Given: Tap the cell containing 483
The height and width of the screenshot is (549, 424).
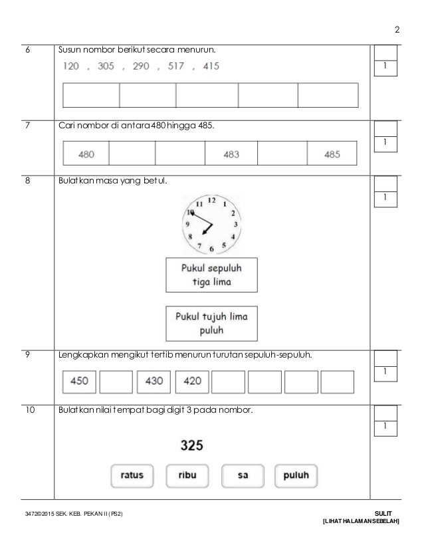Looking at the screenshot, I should [231, 154].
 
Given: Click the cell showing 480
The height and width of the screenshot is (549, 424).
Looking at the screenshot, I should [86, 154].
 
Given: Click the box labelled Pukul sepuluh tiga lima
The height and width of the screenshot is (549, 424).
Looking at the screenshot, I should [211, 274].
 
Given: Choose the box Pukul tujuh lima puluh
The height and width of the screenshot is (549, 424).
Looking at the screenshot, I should [211, 323].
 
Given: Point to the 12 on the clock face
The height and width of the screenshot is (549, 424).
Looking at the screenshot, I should [211, 200].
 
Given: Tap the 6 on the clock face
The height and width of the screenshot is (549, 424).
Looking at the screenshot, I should [211, 249].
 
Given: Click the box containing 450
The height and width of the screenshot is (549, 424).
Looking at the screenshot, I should [79, 382].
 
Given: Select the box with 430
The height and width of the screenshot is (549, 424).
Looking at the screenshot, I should [153, 382].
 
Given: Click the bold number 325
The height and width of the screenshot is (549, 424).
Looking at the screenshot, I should [192, 445].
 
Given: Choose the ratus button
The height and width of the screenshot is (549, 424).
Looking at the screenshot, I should [132, 475].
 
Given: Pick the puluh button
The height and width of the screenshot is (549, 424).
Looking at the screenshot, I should [296, 475].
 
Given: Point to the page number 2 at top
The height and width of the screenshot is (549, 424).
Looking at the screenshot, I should [397, 30].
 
